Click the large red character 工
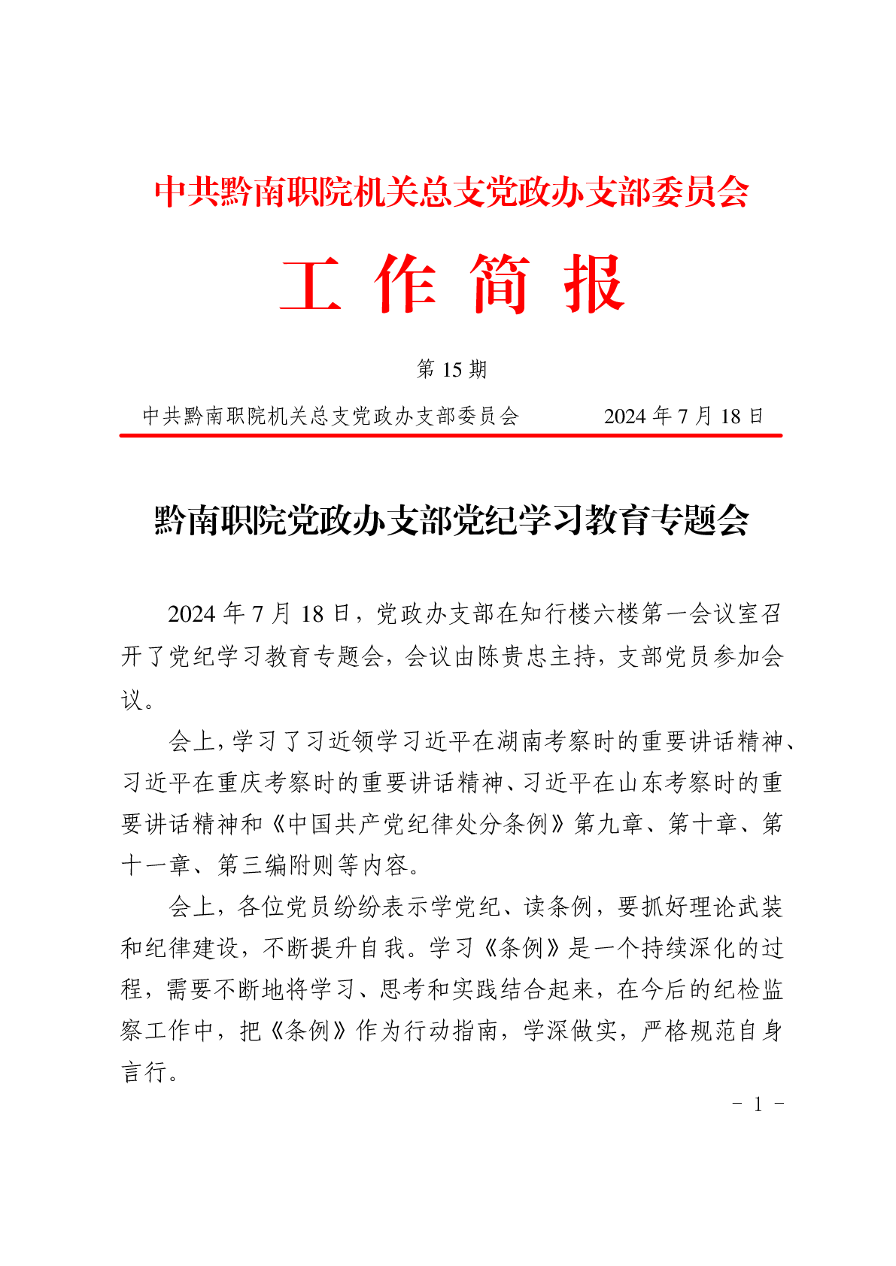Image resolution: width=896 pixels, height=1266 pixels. pyautogui.click(x=310, y=283)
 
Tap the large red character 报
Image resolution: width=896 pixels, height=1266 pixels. pyautogui.click(x=594, y=283)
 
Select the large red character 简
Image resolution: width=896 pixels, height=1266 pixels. pyautogui.click(x=500, y=283)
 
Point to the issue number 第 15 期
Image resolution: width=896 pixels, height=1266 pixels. pyautogui.click(x=451, y=369)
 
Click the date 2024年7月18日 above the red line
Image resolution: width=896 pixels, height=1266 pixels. pyautogui.click(x=683, y=416)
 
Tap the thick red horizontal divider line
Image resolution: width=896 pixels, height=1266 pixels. pyautogui.click(x=451, y=435)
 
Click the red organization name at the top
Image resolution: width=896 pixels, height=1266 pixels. pyautogui.click(x=451, y=192)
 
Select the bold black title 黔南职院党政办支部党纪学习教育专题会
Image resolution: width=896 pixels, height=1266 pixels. pyautogui.click(x=451, y=519)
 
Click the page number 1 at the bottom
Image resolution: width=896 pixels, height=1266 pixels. pyautogui.click(x=758, y=1104)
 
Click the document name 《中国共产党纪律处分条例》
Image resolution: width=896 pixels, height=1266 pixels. pyautogui.click(x=418, y=824)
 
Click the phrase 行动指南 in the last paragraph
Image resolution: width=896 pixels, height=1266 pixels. pyautogui.click(x=451, y=1030)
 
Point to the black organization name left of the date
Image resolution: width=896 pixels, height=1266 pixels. pyautogui.click(x=331, y=416)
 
